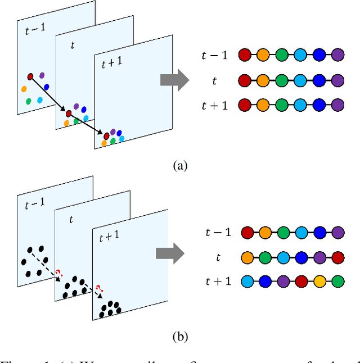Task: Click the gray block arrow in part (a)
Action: click(x=174, y=80)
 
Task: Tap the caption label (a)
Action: click(x=180, y=165)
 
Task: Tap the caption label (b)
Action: click(x=180, y=337)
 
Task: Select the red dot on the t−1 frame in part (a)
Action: click(x=30, y=76)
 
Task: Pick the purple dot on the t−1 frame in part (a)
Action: click(x=42, y=75)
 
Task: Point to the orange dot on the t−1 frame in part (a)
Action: click(x=24, y=89)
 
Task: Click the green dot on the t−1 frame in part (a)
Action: click(x=28, y=101)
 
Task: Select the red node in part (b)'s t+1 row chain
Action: click(x=301, y=280)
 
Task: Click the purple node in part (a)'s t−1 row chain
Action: click(x=337, y=55)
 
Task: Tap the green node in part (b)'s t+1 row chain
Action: click(x=337, y=280)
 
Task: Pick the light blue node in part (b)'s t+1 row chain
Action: click(x=247, y=280)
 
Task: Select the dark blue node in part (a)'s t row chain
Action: click(x=319, y=80)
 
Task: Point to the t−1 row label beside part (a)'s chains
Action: click(x=215, y=55)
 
